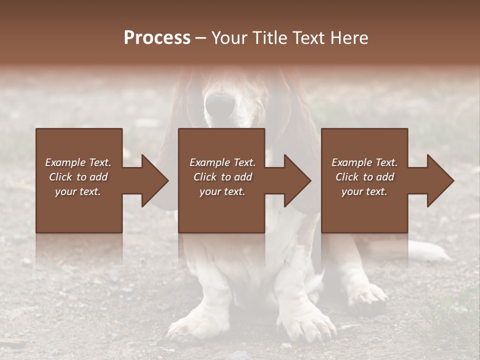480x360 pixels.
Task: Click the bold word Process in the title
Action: [x=157, y=38]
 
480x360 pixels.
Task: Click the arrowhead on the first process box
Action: [x=153, y=180]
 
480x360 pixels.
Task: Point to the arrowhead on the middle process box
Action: [x=296, y=180]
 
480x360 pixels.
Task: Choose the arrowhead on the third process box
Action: [x=439, y=180]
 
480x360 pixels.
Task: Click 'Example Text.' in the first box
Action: [x=78, y=162]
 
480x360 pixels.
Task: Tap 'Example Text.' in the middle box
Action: [x=222, y=162]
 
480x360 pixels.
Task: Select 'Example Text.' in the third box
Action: [x=364, y=162]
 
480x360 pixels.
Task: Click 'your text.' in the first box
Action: [x=78, y=191]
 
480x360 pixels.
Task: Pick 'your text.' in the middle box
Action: [x=222, y=191]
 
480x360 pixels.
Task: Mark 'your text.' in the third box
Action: [x=364, y=191]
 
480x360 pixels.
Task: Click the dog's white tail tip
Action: [x=435, y=252]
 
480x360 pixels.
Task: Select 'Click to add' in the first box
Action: [x=78, y=177]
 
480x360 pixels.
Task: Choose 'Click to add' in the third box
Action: [x=364, y=177]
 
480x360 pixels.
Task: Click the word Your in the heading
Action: [x=230, y=38]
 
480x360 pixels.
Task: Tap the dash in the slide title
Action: [x=201, y=38]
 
